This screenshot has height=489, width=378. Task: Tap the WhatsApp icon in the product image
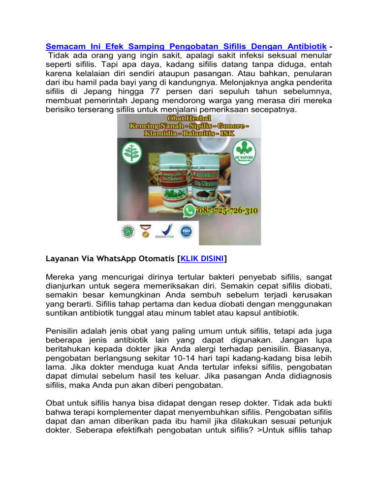[x=189, y=212]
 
